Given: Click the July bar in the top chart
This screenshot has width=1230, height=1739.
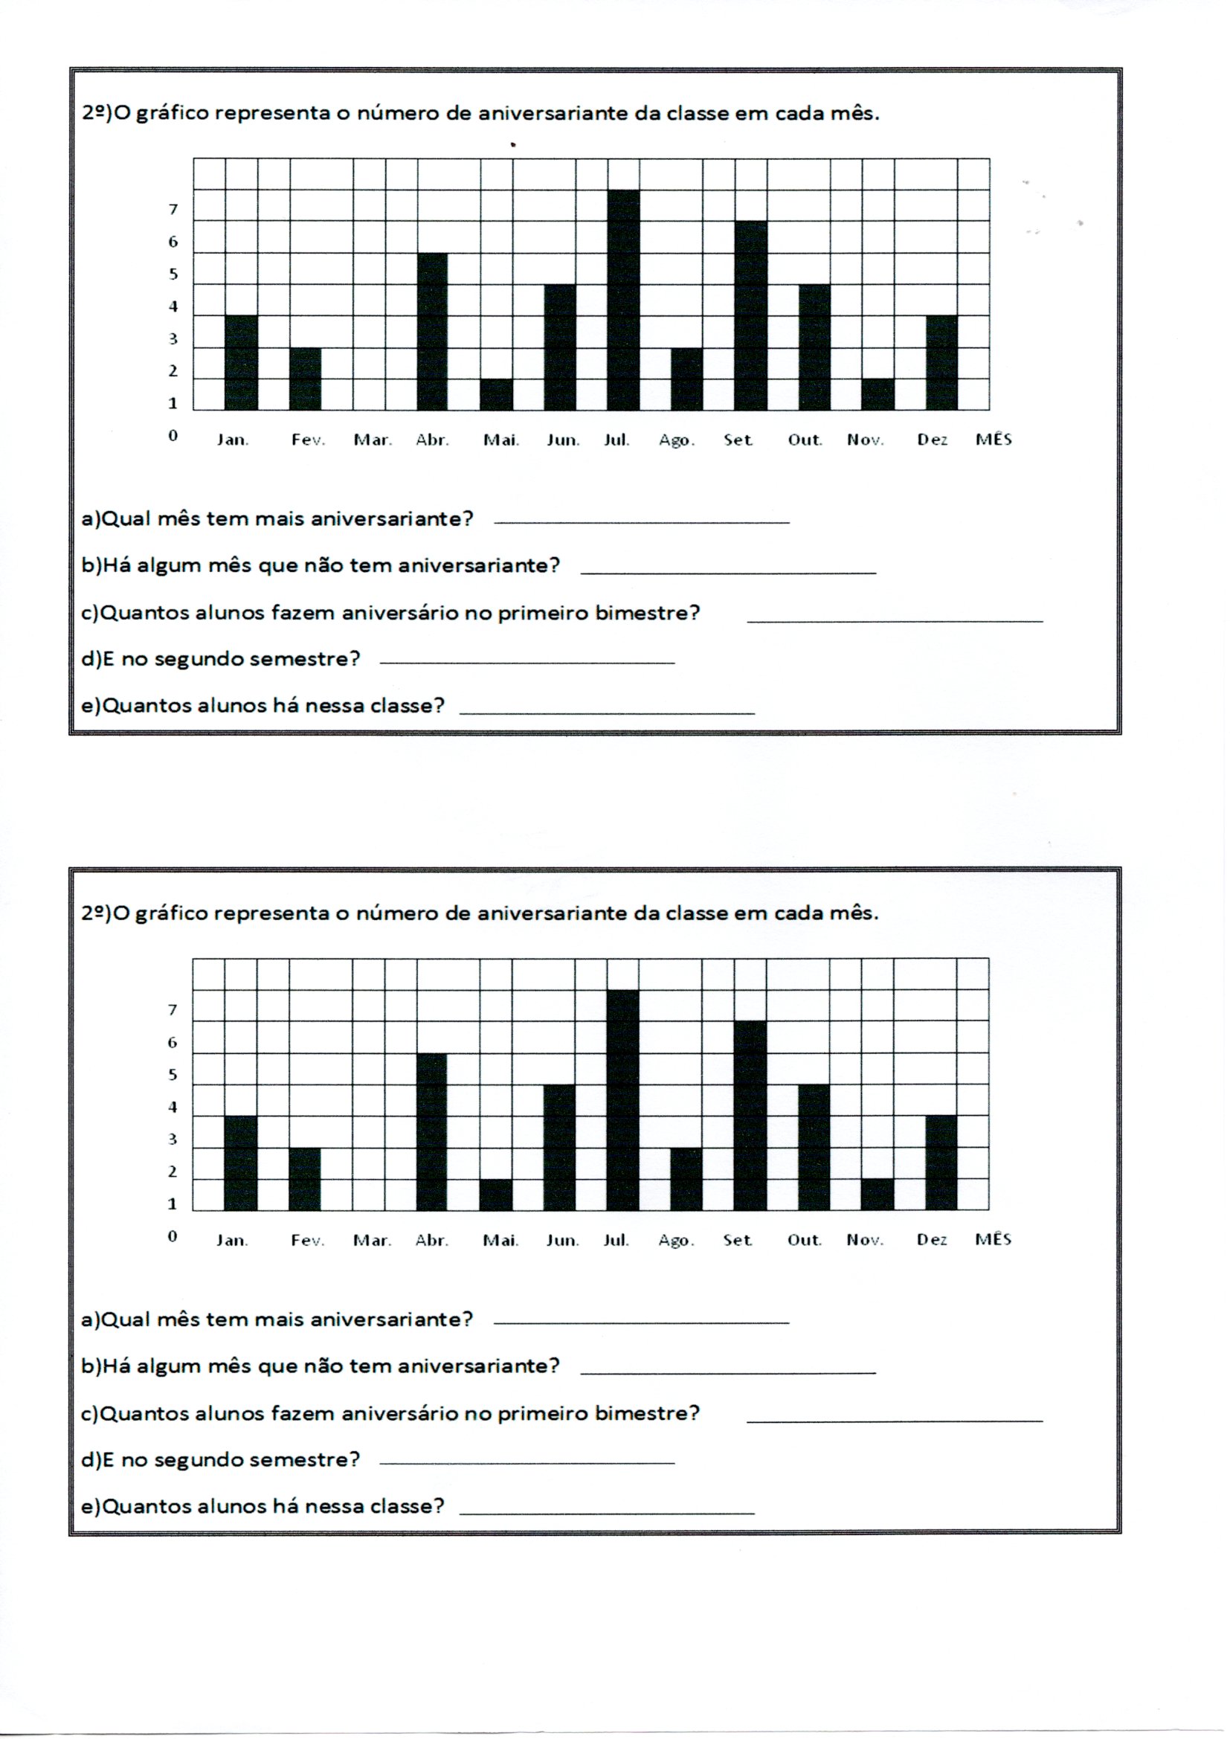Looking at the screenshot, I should click(x=623, y=300).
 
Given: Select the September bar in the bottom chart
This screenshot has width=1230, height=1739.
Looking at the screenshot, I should click(x=750, y=1116).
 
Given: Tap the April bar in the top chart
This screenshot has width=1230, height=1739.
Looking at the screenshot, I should click(x=432, y=332).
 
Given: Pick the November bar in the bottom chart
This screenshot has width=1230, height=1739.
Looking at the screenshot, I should click(x=877, y=1195).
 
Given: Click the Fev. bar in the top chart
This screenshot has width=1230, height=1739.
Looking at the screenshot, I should click(x=305, y=379).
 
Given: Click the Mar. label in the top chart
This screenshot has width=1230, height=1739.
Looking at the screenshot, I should click(x=373, y=440).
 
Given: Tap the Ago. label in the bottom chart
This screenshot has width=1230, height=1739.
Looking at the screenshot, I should click(x=676, y=1241).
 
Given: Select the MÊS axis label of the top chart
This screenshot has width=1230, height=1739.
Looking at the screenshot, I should click(x=993, y=440).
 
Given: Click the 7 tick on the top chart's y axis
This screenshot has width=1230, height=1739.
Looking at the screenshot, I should click(x=173, y=210).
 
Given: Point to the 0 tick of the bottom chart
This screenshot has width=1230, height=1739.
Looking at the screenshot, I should click(x=173, y=1236).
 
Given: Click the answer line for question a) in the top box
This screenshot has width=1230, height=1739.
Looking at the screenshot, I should click(x=641, y=522).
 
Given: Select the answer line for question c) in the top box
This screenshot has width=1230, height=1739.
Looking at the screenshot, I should click(x=895, y=621).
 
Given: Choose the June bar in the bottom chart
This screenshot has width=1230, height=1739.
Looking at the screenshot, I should click(x=560, y=1148).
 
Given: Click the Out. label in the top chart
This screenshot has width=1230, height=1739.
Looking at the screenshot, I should click(x=805, y=440).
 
